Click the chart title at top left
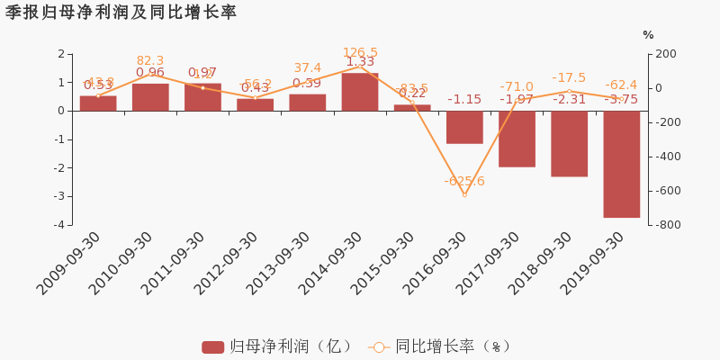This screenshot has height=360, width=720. tap(121, 13)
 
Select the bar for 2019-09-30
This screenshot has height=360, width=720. tap(621, 164)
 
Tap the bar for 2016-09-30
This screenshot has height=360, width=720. tap(464, 127)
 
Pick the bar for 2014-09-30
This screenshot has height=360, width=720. tap(360, 92)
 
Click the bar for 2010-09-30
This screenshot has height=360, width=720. tap(150, 97)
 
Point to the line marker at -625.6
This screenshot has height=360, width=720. tap(464, 194)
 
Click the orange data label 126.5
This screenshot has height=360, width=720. tap(360, 53)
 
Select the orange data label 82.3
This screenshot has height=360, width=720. tap(150, 61)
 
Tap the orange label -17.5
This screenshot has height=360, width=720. tap(569, 78)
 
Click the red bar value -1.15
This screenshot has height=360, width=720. tap(464, 99)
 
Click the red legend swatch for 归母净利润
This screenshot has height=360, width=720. tap(212, 346)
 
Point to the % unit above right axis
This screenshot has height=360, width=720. tap(648, 35)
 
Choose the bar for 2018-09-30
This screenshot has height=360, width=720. tap(569, 143)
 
